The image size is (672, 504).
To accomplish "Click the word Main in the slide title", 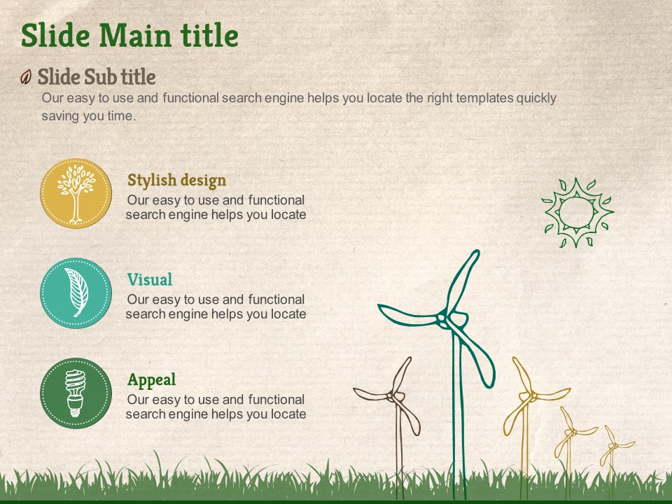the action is [135, 35].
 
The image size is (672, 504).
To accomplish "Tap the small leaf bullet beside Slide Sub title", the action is [26, 77].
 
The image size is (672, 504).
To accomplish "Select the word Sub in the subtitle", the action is [100, 77].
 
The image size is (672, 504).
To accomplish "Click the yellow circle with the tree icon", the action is [76, 193].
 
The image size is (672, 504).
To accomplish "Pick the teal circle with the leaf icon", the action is [76, 293].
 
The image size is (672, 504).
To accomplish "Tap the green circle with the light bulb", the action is [76, 393].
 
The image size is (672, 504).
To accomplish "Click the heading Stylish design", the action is [176, 181].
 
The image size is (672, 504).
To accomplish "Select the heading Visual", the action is [150, 279].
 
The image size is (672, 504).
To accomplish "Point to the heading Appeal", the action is [152, 379].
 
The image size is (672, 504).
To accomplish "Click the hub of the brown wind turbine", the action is [391, 396].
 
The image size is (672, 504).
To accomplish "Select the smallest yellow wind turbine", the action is [613, 458].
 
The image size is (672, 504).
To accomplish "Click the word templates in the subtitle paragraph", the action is [484, 98].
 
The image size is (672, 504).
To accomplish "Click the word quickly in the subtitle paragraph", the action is [536, 98].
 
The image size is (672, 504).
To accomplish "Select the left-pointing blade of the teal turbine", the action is [408, 315].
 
